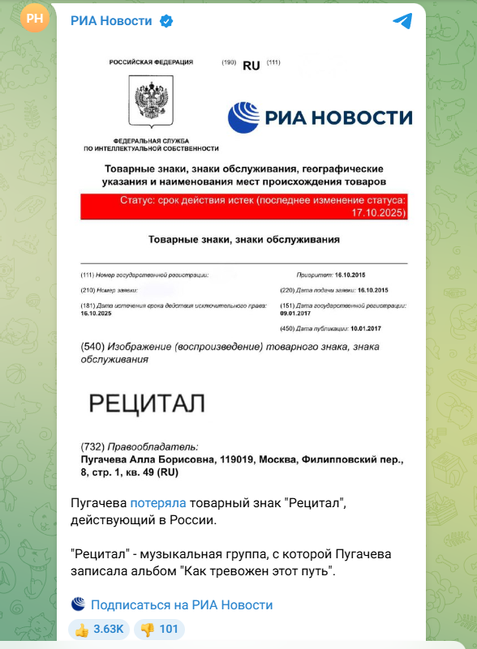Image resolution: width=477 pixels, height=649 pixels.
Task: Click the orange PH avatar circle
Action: click(36, 19)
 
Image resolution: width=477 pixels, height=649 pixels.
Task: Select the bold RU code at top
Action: click(251, 66)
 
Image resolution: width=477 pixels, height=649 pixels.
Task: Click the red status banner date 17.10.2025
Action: click(378, 212)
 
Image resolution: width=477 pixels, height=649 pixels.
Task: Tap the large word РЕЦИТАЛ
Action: click(146, 403)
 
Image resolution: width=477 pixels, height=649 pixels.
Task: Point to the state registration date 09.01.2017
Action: click(297, 312)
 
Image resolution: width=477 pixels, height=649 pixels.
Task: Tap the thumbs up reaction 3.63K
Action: click(98, 629)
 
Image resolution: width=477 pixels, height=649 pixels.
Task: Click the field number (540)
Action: click(93, 348)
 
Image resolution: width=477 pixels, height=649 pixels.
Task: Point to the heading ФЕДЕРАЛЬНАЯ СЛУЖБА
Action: click(151, 140)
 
